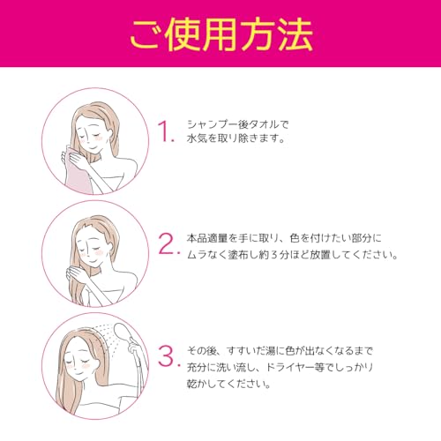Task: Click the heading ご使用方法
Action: [x=221, y=34]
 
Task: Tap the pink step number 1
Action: [x=164, y=131]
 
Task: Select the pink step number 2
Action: [x=167, y=243]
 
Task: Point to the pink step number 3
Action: [x=167, y=356]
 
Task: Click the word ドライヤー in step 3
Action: [x=290, y=368]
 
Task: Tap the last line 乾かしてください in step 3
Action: [x=227, y=384]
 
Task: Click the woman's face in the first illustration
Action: [x=90, y=133]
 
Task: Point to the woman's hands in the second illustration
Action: [x=77, y=273]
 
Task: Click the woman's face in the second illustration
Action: [x=90, y=248]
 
